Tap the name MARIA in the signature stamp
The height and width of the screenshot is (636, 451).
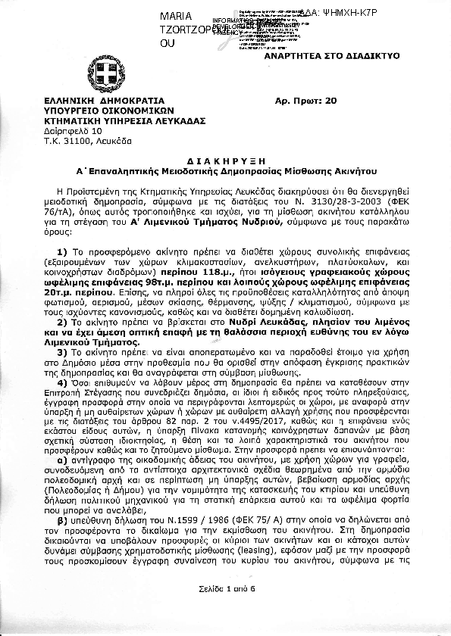pos(176,17)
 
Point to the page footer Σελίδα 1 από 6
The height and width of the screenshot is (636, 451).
pos(224,608)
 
